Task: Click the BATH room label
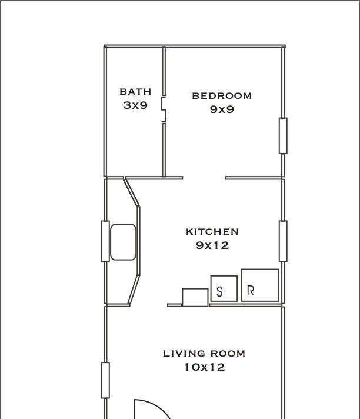click(135, 92)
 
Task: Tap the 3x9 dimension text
click(135, 105)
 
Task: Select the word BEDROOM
click(222, 96)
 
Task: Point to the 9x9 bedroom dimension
click(222, 109)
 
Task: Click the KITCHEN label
click(212, 231)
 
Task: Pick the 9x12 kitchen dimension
click(212, 245)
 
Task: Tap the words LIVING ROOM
click(204, 354)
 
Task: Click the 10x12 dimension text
click(205, 367)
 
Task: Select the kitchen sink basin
click(123, 242)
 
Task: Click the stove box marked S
click(224, 288)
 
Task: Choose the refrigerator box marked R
click(260, 285)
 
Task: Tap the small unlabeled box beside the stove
click(195, 297)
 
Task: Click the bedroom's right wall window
click(283, 136)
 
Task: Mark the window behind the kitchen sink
click(105, 241)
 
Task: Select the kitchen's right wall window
click(283, 241)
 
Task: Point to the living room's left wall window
click(105, 380)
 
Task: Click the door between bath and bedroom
click(164, 109)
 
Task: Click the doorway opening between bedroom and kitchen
click(204, 178)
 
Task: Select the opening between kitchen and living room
click(149, 305)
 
